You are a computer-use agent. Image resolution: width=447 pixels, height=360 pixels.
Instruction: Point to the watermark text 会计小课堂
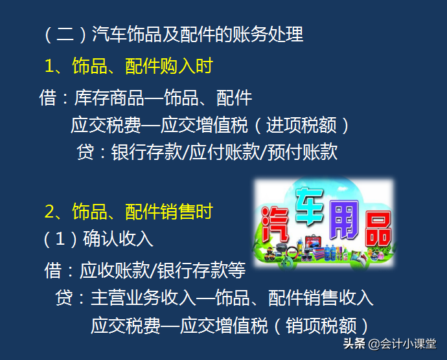[409, 343]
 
